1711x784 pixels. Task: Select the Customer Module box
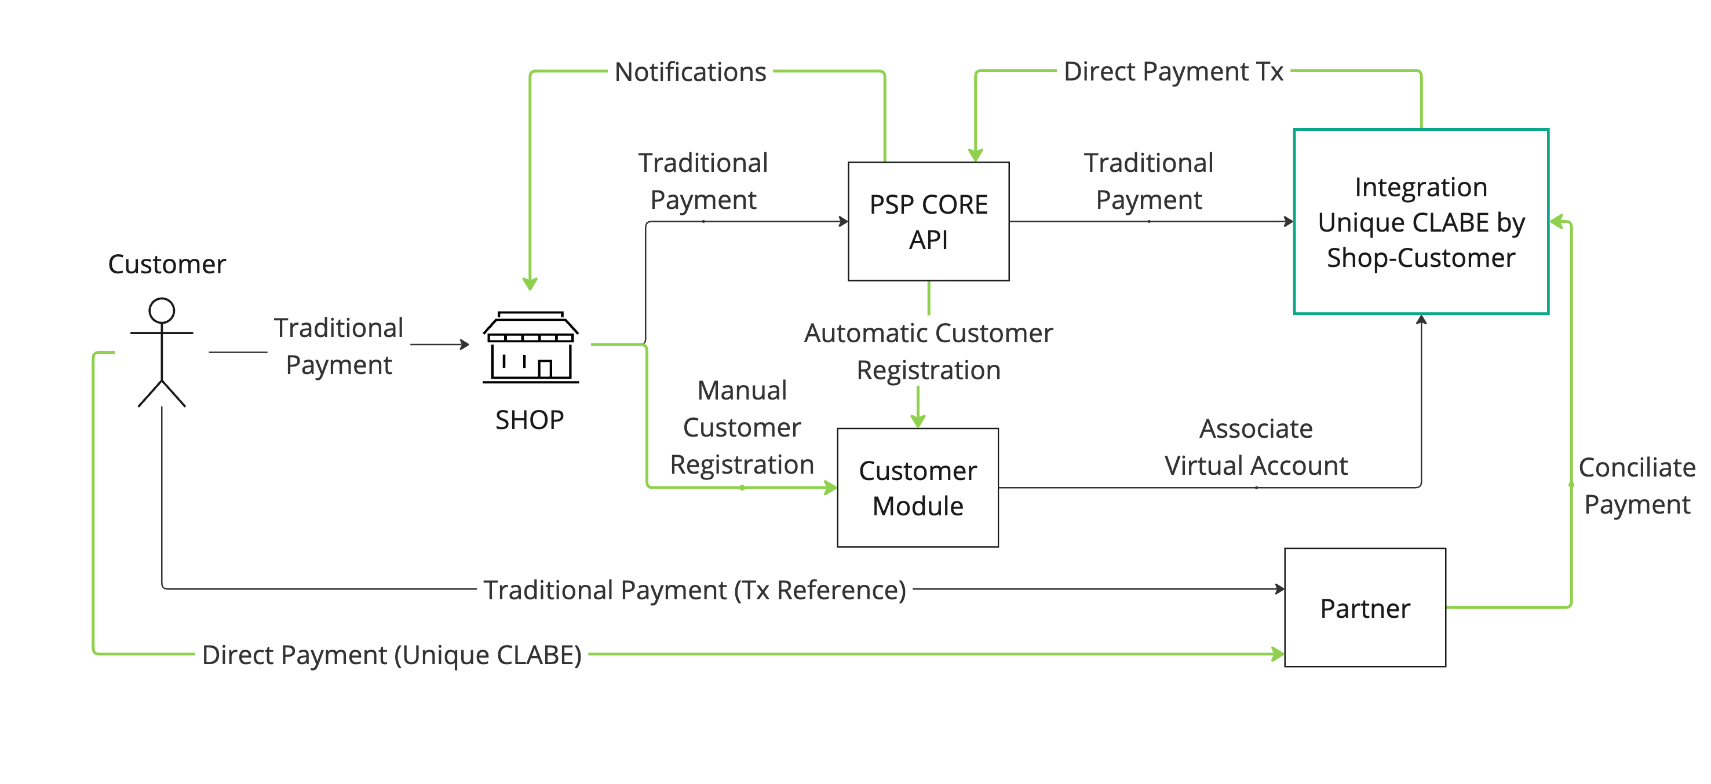point(917,488)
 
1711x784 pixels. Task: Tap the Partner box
point(1365,607)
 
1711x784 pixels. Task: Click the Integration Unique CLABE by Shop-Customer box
point(1421,221)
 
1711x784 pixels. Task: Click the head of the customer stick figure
point(162,310)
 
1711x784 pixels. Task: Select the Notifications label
point(690,72)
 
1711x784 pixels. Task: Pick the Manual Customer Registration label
point(741,427)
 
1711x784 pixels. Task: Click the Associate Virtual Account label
point(1256,447)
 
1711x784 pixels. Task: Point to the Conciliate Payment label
point(1637,486)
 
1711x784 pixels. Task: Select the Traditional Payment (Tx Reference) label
point(694,589)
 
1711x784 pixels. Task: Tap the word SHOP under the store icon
point(530,420)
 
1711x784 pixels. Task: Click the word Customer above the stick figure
point(167,264)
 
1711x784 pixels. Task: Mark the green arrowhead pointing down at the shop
point(530,284)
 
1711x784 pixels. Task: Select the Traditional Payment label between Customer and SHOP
point(339,346)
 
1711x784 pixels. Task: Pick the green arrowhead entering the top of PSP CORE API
point(975,155)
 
